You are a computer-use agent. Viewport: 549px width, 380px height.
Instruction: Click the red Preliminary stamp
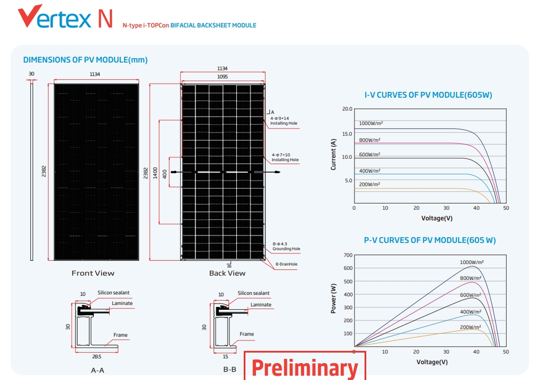click(x=304, y=366)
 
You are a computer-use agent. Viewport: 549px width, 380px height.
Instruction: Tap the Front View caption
click(x=93, y=273)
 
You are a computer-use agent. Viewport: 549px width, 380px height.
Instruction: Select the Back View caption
click(x=227, y=273)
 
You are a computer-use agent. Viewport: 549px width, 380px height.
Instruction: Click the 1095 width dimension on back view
click(x=222, y=77)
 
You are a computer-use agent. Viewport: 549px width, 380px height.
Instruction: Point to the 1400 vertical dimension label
click(x=155, y=174)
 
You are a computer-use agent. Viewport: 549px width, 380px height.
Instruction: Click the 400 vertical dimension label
click(x=165, y=174)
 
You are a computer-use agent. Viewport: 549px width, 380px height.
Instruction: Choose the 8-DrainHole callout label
click(x=287, y=264)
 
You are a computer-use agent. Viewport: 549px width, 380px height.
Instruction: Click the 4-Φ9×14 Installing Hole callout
click(x=284, y=121)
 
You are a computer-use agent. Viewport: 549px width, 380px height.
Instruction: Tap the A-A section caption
click(x=97, y=370)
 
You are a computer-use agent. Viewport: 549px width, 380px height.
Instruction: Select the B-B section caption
click(x=229, y=370)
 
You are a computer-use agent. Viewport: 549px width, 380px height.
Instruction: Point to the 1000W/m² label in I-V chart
click(x=371, y=123)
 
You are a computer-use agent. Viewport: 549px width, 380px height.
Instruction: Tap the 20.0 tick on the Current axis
click(x=347, y=109)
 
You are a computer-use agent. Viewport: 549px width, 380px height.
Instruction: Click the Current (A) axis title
click(x=333, y=154)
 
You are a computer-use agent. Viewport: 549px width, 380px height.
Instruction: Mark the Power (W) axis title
click(x=333, y=299)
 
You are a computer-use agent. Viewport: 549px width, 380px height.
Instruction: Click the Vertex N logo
click(x=65, y=17)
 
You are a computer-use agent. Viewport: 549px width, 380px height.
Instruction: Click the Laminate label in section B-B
click(x=261, y=305)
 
